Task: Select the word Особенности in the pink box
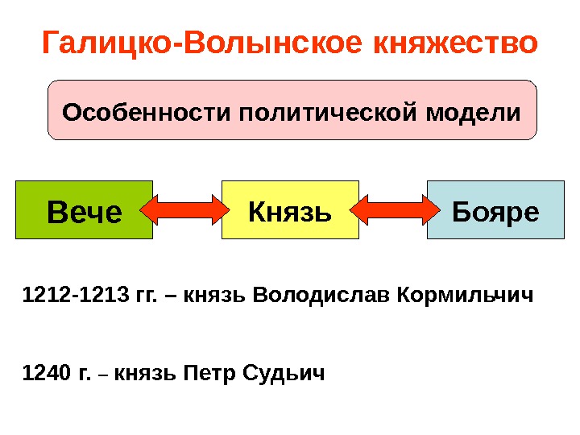(x=147, y=111)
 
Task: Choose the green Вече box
(x=84, y=211)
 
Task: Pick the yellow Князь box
(x=290, y=211)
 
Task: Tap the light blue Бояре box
(x=495, y=211)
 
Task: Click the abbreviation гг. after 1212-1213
(x=147, y=300)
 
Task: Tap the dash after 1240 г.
(x=106, y=375)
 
